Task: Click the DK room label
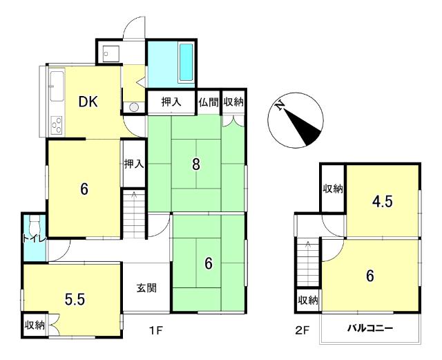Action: pos(88,102)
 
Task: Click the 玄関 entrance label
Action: pos(146,287)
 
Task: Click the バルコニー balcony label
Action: pos(369,328)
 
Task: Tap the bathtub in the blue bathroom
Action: pos(186,62)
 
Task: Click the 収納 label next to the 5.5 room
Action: pos(35,325)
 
